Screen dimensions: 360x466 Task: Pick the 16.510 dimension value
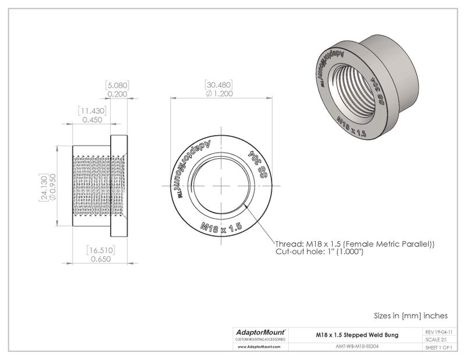(97, 250)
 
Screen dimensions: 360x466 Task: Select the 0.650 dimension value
(97, 260)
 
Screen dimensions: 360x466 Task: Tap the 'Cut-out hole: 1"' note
(319, 252)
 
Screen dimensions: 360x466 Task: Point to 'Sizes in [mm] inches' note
(410, 315)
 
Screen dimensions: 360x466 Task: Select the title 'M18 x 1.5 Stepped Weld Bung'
(356, 334)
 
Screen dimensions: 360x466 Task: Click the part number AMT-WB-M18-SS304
(356, 345)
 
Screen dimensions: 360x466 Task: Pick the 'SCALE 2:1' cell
(438, 339)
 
